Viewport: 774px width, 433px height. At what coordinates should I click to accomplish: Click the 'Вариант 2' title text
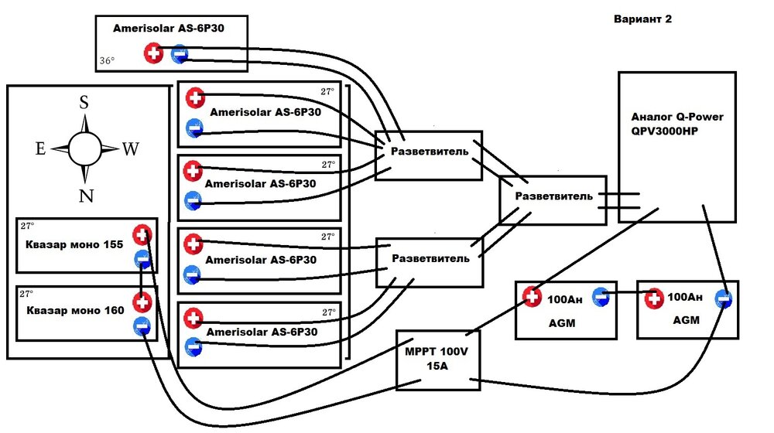click(642, 19)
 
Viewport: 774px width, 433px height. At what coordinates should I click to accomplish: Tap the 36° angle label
click(106, 60)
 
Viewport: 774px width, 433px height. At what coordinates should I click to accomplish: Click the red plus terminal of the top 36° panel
click(153, 53)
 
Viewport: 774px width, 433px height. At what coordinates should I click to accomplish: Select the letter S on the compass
click(84, 103)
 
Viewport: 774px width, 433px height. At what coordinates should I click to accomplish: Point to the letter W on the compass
click(130, 149)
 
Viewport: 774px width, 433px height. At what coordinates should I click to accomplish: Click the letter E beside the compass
click(40, 149)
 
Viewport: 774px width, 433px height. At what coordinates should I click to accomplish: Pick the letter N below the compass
click(86, 196)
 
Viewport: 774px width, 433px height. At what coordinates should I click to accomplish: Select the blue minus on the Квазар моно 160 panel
click(142, 327)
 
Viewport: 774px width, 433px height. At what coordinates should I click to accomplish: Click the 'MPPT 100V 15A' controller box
click(438, 360)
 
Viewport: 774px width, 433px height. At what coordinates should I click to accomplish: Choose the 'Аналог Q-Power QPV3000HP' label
click(677, 124)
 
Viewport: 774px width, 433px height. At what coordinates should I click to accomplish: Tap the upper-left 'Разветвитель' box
click(428, 152)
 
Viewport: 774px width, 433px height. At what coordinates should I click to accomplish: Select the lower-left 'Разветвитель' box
click(430, 257)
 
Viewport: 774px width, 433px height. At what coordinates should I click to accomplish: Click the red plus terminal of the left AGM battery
click(531, 296)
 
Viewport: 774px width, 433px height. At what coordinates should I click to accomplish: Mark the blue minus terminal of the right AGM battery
click(723, 297)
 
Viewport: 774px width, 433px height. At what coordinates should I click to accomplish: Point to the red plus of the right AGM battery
click(653, 297)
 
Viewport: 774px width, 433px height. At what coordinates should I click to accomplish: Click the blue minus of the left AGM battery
click(601, 295)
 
